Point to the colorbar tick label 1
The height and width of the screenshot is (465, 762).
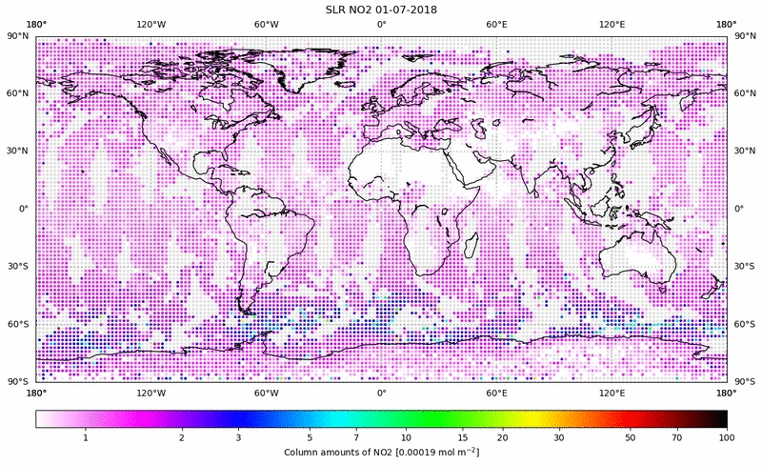(x=86, y=437)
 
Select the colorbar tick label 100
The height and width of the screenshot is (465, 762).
(x=727, y=437)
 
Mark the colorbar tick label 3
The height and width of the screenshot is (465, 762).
(x=238, y=437)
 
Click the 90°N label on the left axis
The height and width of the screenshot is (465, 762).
(x=17, y=35)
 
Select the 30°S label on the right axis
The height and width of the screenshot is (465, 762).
(x=745, y=267)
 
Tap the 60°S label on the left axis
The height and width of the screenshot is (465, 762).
(x=17, y=324)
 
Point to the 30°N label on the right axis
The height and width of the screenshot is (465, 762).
(x=745, y=151)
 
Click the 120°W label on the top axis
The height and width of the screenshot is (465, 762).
(x=150, y=24)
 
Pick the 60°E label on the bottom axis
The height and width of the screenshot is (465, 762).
(x=496, y=393)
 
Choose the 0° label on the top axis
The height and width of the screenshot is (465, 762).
(x=381, y=24)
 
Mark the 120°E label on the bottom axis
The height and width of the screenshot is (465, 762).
(x=612, y=393)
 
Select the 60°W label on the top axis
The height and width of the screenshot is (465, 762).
(x=266, y=24)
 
